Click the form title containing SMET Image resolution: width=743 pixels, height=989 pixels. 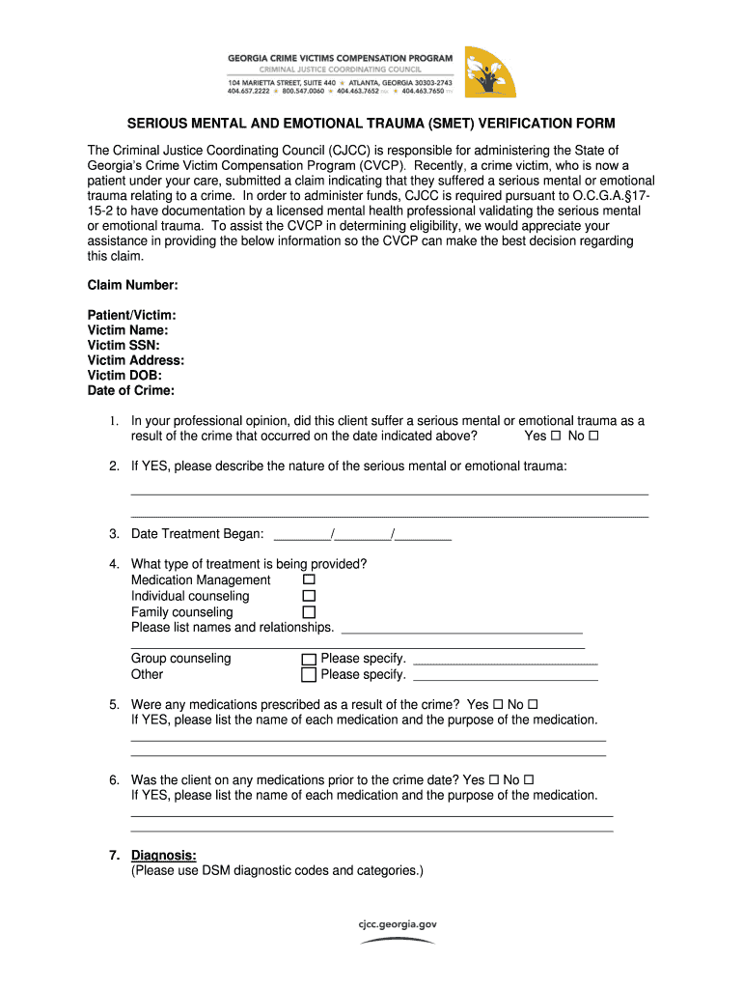pos(371,125)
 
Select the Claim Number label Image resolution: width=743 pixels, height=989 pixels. pos(133,285)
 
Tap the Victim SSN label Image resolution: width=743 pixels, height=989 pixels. pos(124,345)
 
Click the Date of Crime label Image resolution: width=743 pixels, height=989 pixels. pos(131,390)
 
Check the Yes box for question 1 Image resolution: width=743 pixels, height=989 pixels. pos(556,437)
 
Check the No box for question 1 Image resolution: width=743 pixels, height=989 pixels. pos(593,437)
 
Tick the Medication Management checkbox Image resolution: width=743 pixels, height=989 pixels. pos(309,579)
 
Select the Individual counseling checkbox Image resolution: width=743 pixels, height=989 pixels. pos(309,596)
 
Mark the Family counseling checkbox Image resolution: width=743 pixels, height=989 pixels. pos(309,612)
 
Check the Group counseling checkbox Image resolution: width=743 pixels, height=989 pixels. pos(309,660)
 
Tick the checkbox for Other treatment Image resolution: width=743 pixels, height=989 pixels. pos(309,675)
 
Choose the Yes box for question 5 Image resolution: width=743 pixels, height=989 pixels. pos(497,705)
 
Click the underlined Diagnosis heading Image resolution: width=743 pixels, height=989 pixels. pos(163,855)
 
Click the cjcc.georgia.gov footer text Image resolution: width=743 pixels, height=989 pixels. pos(398,923)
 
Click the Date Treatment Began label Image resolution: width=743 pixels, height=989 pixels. pos(197,534)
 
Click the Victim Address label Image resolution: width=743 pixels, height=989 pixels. pos(136,360)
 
